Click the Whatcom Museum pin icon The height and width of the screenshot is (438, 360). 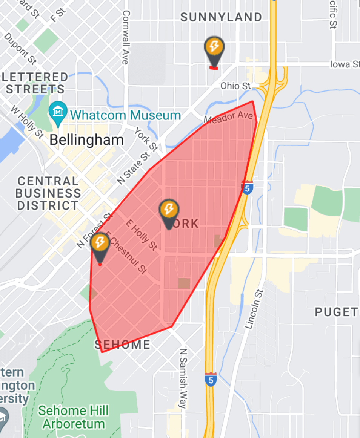pos(58,112)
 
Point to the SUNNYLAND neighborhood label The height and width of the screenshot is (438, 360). pos(221,17)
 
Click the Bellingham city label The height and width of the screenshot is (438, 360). pos(86,140)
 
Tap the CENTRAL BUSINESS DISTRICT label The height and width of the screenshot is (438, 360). pos(48,193)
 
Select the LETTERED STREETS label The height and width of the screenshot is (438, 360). pos(35,83)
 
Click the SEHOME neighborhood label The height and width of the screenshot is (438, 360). pos(122,344)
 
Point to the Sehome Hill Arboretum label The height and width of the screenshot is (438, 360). pos(73,417)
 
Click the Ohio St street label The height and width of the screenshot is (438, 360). pos(235,86)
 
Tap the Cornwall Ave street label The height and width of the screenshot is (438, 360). pos(126,37)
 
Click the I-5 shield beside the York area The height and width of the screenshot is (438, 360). pos(247,187)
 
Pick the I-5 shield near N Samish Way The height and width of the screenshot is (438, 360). pos(211,379)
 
